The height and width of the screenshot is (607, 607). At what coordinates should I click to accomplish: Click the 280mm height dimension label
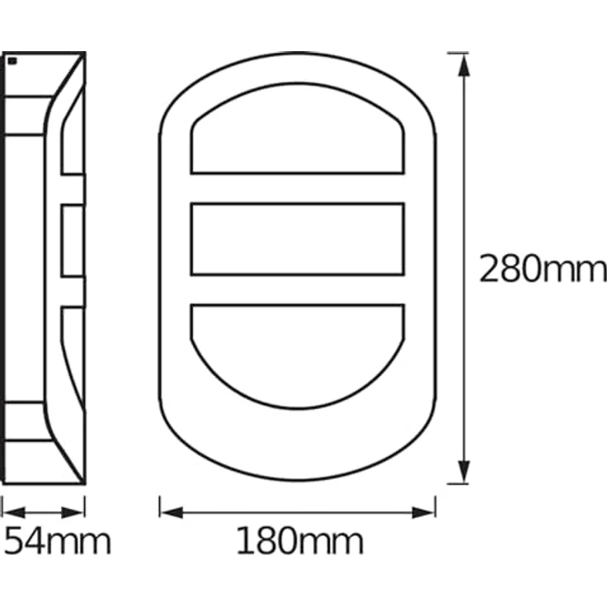pos(543,270)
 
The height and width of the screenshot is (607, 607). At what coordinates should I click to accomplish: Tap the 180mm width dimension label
pos(299,542)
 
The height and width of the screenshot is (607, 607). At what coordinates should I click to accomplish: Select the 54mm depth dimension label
pos(58,542)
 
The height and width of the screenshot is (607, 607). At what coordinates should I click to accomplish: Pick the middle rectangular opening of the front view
pos(298,239)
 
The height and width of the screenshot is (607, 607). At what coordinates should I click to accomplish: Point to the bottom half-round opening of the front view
pos(298,346)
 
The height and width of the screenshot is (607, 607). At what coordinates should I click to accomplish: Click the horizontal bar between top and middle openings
pos(298,188)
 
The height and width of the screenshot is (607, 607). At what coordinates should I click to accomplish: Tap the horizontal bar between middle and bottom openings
pos(298,289)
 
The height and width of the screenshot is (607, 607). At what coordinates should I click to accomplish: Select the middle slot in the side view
pos(73,240)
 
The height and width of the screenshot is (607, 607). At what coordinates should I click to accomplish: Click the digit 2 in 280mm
pos(491,270)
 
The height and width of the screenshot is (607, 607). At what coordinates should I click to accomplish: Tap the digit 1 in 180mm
pos(245,542)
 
